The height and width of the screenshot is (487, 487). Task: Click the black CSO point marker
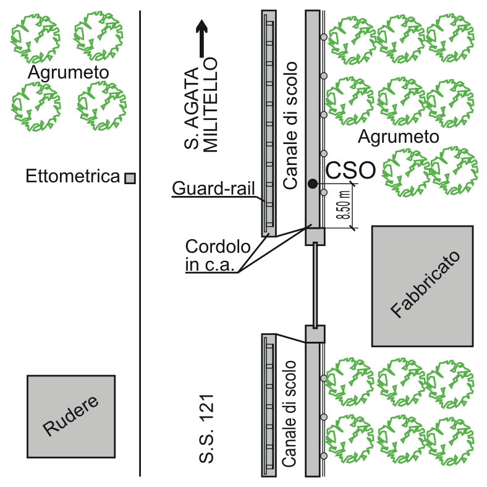coord(313,183)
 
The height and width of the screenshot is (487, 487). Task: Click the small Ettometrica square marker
coord(130,178)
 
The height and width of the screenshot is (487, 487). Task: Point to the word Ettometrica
coord(72,177)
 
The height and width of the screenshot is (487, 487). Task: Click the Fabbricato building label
coord(422,285)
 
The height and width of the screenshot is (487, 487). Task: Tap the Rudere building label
coord(70,416)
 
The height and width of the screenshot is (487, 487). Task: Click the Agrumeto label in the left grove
coord(69,73)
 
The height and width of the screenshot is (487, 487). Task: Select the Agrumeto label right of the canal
coord(399,136)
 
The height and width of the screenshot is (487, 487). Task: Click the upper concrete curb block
coord(315,235)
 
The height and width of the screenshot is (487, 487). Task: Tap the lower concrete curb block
coord(315,334)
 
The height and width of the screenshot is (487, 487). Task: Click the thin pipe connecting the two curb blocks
coord(315,284)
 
